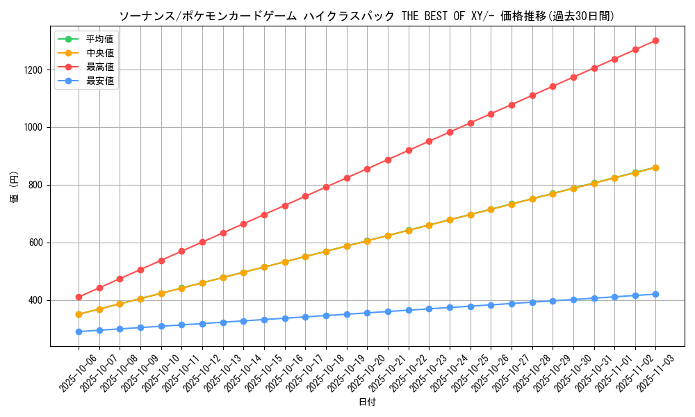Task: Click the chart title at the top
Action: (x=367, y=16)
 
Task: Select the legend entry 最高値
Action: (x=100, y=67)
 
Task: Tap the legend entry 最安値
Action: (x=100, y=81)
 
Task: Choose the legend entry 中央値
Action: (x=100, y=53)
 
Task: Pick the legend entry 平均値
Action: (x=100, y=39)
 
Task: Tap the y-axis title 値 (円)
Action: (x=14, y=187)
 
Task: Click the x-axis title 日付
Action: (x=367, y=402)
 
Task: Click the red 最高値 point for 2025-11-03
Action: (x=655, y=41)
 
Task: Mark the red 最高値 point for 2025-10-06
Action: (x=79, y=297)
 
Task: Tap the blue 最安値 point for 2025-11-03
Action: (x=655, y=294)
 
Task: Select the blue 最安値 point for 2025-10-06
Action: (x=79, y=332)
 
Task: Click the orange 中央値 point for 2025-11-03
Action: (x=655, y=167)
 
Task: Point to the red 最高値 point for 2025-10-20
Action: (x=367, y=169)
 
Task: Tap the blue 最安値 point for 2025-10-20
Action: (x=367, y=313)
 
